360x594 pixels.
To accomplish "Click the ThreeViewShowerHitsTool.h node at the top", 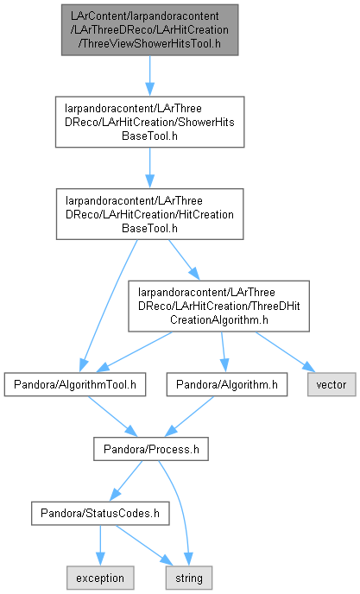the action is tap(149, 30).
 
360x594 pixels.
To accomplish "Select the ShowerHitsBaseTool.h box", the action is tap(149, 122).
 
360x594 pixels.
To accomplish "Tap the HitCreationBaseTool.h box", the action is tap(149, 214).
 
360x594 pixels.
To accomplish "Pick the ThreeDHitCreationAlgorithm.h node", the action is tap(218, 306).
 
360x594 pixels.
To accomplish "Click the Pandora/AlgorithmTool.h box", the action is tap(75, 385).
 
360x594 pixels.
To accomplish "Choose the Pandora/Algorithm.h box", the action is tap(226, 385).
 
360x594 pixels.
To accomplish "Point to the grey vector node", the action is tap(332, 385).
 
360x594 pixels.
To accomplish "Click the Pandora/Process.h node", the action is tap(151, 449).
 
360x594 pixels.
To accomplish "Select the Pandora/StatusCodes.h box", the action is tap(100, 514).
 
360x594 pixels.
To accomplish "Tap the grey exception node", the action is tap(100, 578).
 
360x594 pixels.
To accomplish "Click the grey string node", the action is tap(189, 578).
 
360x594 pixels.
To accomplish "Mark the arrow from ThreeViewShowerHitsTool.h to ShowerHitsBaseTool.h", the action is tap(149, 76).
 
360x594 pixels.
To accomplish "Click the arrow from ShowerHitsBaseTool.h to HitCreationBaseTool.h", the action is tap(149, 167).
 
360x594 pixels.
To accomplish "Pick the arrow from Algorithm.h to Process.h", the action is tap(189, 417).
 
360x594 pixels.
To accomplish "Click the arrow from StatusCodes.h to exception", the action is tap(100, 546).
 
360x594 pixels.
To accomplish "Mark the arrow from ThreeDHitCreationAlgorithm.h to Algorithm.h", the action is tap(224, 352).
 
